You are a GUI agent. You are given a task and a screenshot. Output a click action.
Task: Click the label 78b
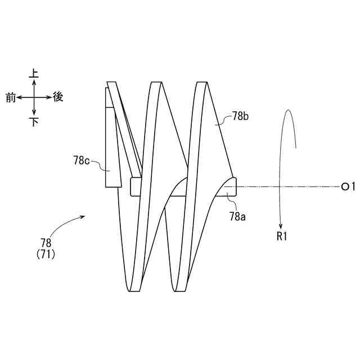(241, 117)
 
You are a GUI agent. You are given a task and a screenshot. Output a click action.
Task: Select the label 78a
(237, 216)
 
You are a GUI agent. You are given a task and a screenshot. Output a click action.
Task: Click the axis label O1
(349, 186)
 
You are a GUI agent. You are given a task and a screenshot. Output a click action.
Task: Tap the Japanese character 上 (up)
(34, 74)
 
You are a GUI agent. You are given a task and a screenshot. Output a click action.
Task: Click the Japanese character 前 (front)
(10, 97)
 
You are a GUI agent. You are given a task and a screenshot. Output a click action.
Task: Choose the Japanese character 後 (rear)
(58, 97)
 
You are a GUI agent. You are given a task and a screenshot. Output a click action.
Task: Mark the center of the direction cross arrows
(34, 97)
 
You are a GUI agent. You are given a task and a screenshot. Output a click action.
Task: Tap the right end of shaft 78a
(236, 187)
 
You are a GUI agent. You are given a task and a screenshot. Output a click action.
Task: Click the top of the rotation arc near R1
(287, 110)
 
